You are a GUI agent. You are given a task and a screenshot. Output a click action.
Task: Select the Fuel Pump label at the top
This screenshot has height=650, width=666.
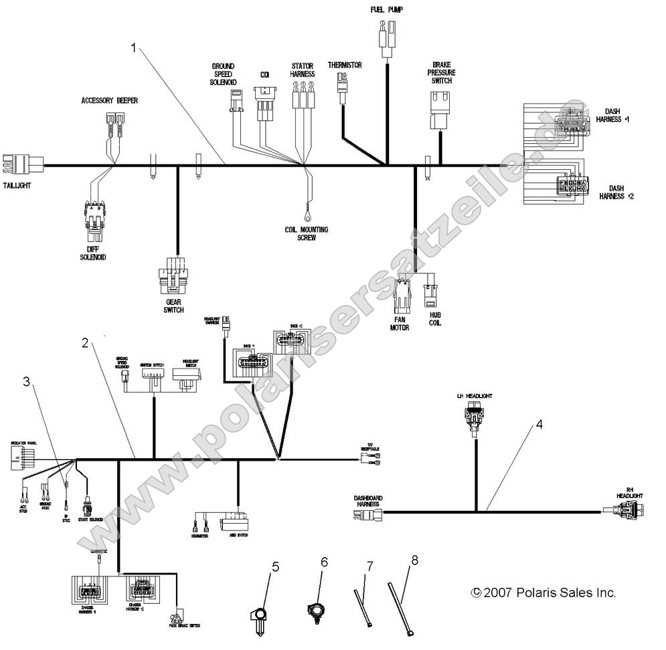(386, 9)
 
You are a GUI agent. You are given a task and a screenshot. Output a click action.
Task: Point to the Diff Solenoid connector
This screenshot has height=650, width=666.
(94, 221)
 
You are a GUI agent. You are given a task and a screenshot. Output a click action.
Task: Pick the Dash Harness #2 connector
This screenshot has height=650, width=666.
(570, 185)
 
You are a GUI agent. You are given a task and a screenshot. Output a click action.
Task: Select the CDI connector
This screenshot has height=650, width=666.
(264, 104)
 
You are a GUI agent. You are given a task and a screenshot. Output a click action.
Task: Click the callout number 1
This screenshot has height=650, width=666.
(134, 47)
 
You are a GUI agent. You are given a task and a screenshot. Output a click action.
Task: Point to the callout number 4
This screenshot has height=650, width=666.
(537, 425)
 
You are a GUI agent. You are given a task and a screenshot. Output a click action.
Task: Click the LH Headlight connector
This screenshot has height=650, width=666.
(475, 418)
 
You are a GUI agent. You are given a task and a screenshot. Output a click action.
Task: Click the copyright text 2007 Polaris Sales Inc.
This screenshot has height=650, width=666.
(543, 592)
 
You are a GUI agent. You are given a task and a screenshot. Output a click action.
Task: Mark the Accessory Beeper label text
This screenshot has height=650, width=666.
(110, 101)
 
